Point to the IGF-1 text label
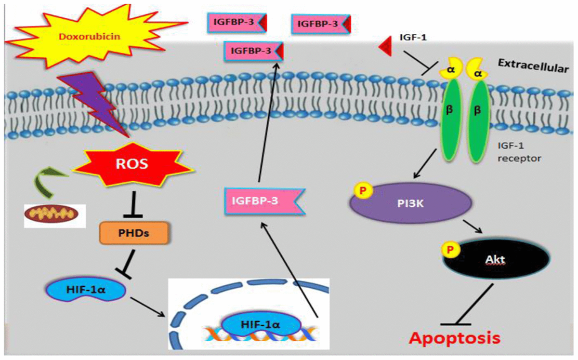412,37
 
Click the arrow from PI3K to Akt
472,227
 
